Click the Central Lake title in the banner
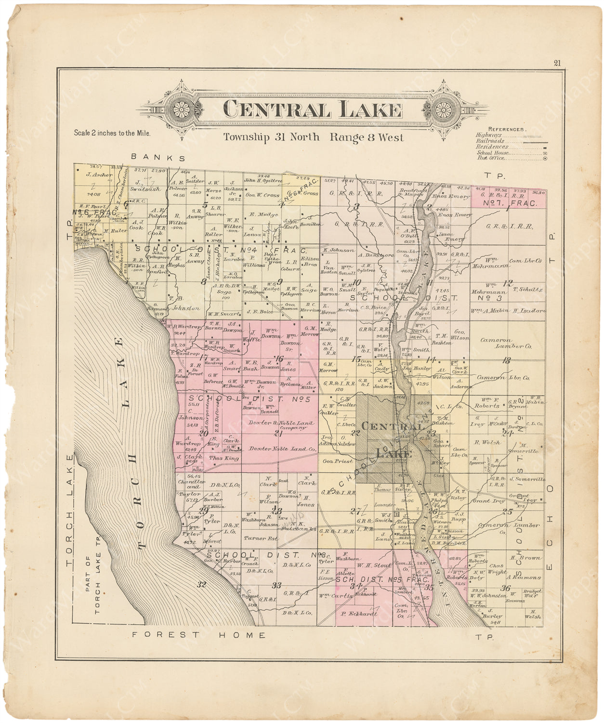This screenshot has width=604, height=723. pyautogui.click(x=313, y=110)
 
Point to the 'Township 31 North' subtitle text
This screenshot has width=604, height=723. pyautogui.click(x=271, y=137)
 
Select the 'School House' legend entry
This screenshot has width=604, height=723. pyautogui.click(x=492, y=152)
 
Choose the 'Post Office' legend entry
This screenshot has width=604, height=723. pyautogui.click(x=491, y=158)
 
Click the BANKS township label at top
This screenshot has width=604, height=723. pyautogui.click(x=158, y=158)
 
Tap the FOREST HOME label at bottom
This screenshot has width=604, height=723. pyautogui.click(x=199, y=635)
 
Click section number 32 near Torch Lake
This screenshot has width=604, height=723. pyautogui.click(x=201, y=584)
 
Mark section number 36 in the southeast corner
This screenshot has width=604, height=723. pyautogui.click(x=505, y=587)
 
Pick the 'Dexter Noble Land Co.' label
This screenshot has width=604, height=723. pyautogui.click(x=282, y=449)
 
